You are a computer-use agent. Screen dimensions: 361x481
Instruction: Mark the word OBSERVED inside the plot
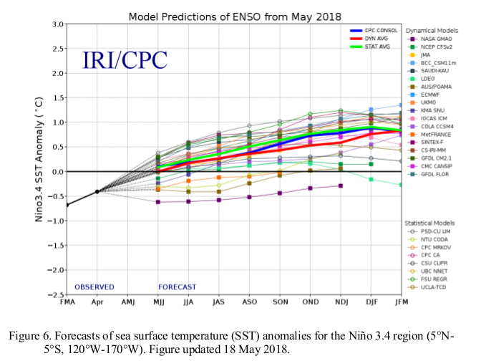click(x=94, y=287)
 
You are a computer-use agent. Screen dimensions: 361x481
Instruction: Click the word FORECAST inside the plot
click(x=177, y=287)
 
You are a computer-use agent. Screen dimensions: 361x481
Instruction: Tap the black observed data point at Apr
click(x=97, y=191)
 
